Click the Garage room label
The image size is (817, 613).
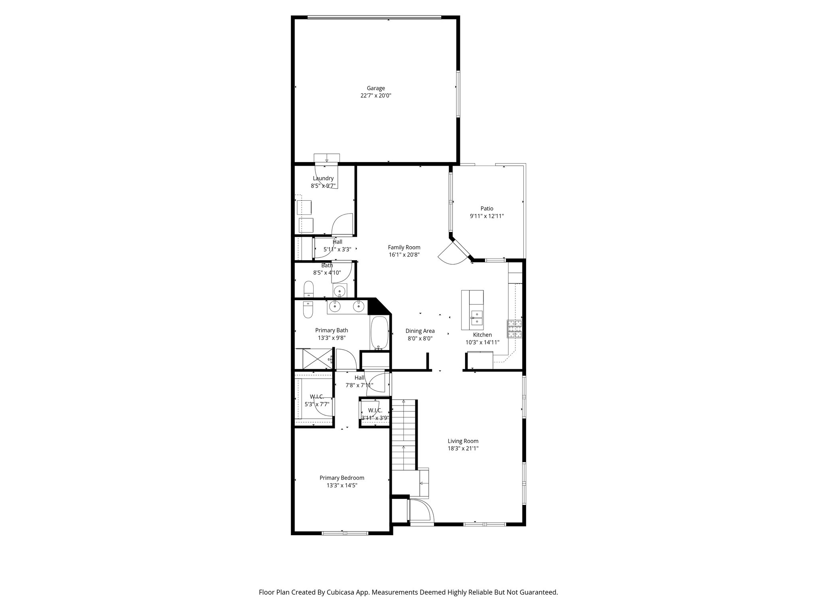coord(376,88)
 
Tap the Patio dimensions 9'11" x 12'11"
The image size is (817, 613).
coord(487,216)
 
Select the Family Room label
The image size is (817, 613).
coord(404,247)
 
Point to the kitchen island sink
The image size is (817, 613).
coord(476,317)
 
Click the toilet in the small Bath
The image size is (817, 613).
coord(308,289)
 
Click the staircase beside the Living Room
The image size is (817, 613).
coord(404,435)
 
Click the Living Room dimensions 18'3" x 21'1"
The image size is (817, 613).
coord(463,448)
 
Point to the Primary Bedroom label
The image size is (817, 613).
coord(342,478)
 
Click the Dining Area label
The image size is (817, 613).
coord(420,331)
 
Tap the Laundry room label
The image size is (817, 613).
coord(323,178)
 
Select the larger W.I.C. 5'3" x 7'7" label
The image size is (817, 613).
coord(317,400)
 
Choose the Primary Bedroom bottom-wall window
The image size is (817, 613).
coord(345,533)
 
